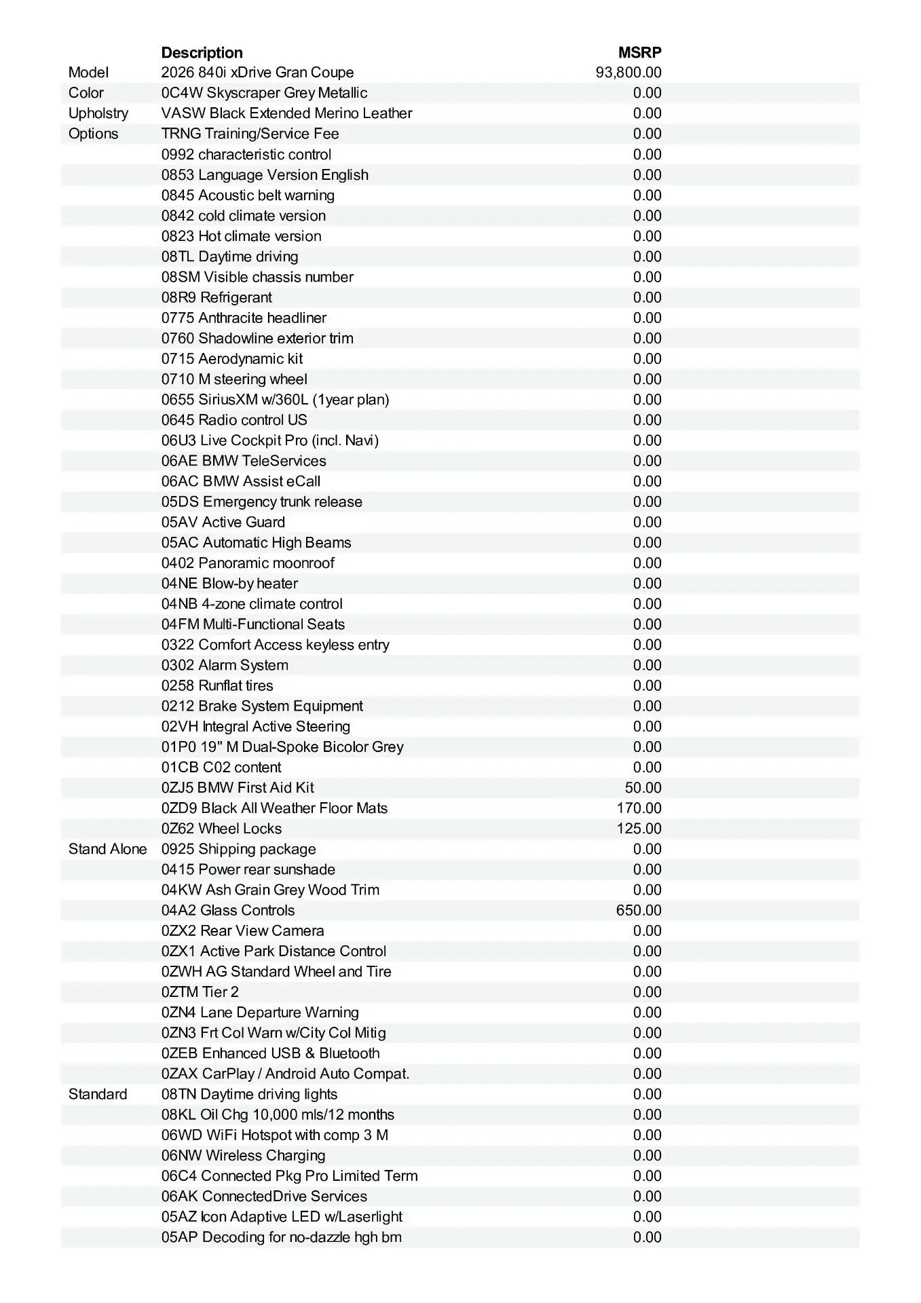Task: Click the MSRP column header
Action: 639,52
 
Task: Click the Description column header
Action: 202,52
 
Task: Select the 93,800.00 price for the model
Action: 628,73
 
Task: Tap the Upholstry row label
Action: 98,113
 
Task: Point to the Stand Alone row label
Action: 107,849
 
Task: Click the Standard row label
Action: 98,1094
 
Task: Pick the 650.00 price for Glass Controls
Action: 639,910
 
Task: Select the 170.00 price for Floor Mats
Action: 639,808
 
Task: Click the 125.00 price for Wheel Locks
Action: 639,829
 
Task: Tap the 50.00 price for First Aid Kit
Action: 643,788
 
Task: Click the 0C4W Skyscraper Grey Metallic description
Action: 264,93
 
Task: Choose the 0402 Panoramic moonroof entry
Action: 248,563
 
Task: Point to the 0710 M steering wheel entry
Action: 234,379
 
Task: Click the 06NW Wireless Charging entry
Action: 243,1155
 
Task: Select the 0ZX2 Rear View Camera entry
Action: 242,931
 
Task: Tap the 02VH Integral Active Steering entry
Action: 256,727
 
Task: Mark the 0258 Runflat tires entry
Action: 217,685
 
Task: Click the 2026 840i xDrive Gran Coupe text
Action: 257,73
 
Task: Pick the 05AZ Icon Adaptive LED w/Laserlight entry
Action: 282,1217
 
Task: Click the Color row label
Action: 86,93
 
